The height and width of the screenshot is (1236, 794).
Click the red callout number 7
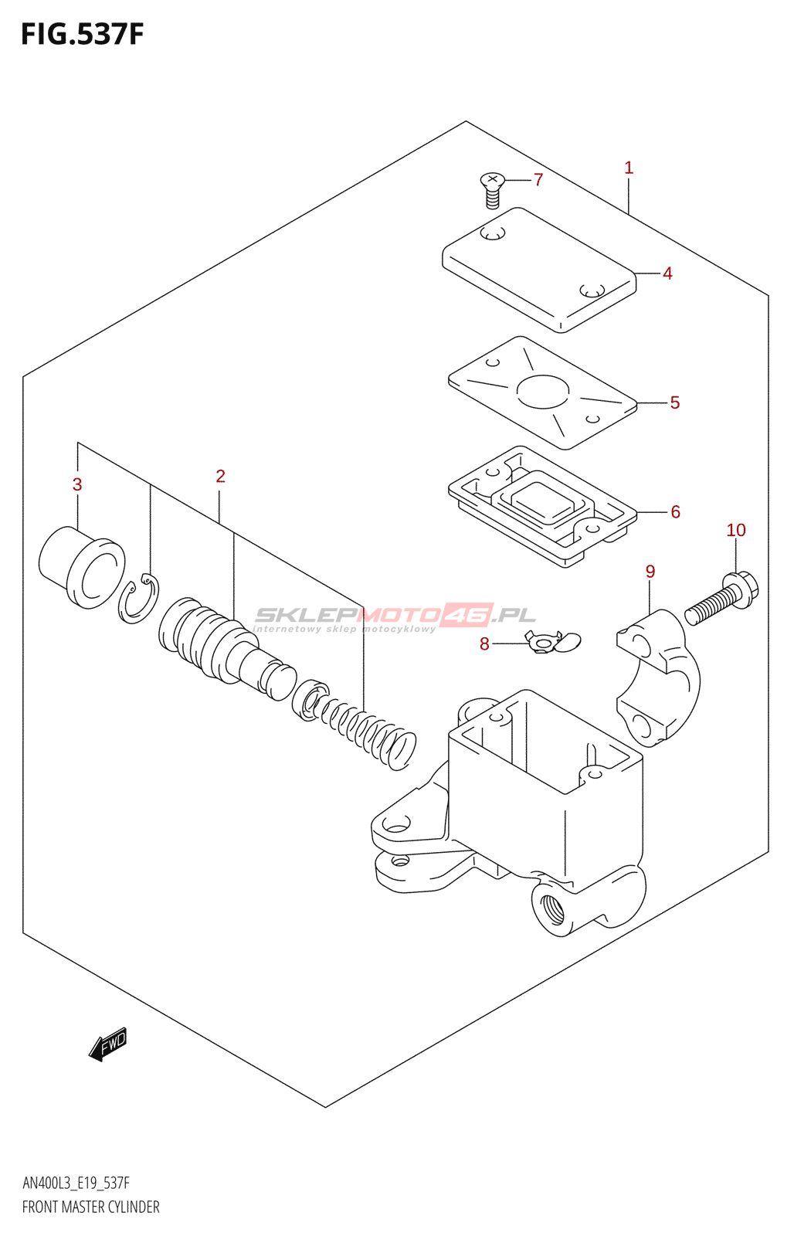(x=538, y=180)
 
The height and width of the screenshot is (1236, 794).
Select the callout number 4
(x=667, y=273)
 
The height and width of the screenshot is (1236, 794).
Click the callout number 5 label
(x=674, y=402)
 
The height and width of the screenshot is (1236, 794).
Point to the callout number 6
(x=675, y=512)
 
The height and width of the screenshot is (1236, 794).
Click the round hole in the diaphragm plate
(x=543, y=392)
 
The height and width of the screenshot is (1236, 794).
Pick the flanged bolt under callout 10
(x=723, y=599)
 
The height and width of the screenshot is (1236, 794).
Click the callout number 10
(x=736, y=530)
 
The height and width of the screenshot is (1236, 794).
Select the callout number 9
(x=650, y=572)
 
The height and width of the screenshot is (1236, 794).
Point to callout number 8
(x=484, y=644)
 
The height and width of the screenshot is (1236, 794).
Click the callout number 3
(x=77, y=485)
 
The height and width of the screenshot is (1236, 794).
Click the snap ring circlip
(x=139, y=599)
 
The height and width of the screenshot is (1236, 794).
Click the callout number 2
(x=220, y=477)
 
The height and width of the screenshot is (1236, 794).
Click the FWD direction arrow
(x=107, y=1044)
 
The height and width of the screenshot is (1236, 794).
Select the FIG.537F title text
(x=82, y=35)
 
